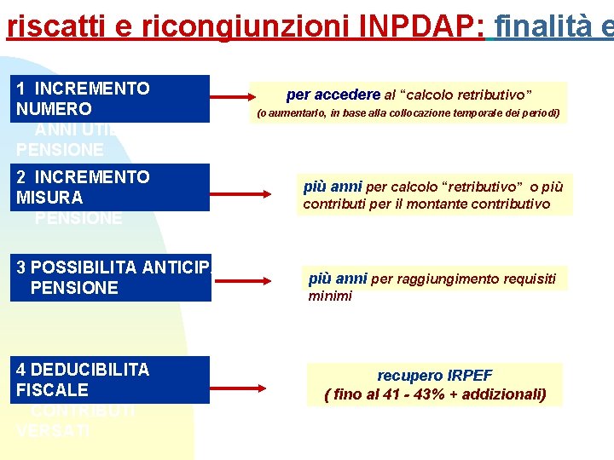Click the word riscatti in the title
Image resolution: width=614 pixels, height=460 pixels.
coord(52,27)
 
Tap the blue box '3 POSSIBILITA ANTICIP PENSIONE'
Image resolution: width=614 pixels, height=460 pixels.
coord(113,278)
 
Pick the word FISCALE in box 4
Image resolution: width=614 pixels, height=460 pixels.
coord(52,390)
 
